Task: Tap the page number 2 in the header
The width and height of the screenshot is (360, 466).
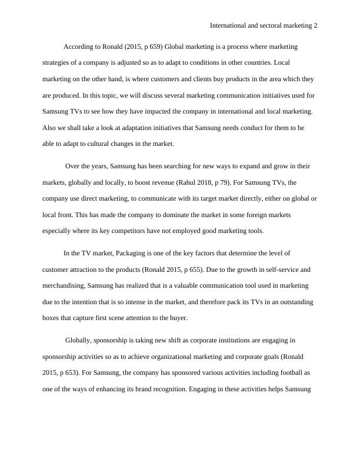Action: click(x=315, y=26)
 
